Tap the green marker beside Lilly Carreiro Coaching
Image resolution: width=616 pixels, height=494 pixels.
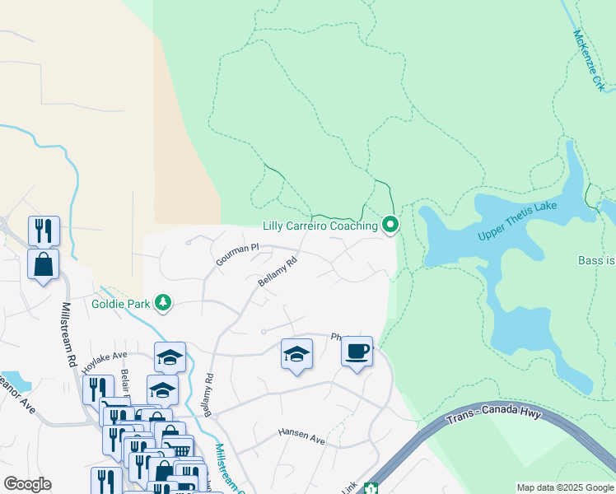point(390,224)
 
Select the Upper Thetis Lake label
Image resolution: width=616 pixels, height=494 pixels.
point(518,222)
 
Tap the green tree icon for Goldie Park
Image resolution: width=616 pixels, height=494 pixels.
point(164,303)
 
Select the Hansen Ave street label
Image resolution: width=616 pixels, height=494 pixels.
point(301,436)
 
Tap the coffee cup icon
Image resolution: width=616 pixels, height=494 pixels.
point(357,352)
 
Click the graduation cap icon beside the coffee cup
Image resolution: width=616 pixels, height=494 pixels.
point(296,354)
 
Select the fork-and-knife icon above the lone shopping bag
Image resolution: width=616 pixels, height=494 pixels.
point(44,231)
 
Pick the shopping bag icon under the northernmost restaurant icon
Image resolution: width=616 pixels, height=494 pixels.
point(43,264)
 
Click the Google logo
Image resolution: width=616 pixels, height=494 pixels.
point(27,484)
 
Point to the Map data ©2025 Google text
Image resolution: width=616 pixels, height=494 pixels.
point(565,488)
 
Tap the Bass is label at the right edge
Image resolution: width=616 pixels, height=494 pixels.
point(596,260)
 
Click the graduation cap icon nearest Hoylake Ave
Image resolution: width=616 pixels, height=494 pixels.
point(170,357)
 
